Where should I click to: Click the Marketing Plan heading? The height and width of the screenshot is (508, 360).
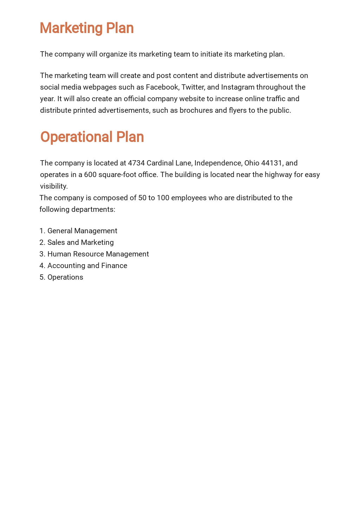tap(86, 28)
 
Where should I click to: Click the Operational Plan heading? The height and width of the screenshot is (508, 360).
tap(92, 137)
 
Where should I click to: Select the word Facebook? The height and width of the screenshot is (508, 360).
tap(162, 87)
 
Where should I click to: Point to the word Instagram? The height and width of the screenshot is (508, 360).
tap(237, 87)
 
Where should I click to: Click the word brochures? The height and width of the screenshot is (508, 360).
tap(196, 110)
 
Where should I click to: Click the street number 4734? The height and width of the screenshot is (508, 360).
tap(136, 163)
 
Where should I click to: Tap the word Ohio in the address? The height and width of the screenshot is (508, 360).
tap(252, 163)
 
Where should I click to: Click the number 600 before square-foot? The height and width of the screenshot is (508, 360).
tap(90, 175)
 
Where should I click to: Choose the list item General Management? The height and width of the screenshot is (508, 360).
tap(82, 231)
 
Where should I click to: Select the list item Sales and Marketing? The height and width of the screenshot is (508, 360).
tap(81, 242)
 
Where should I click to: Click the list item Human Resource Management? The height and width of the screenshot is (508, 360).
tap(98, 254)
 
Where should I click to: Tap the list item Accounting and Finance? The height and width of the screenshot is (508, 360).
tap(87, 266)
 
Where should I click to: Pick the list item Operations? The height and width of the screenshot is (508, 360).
tap(65, 277)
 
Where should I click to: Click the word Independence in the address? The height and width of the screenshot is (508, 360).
tap(218, 163)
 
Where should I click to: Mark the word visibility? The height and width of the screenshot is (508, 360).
tap(53, 186)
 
